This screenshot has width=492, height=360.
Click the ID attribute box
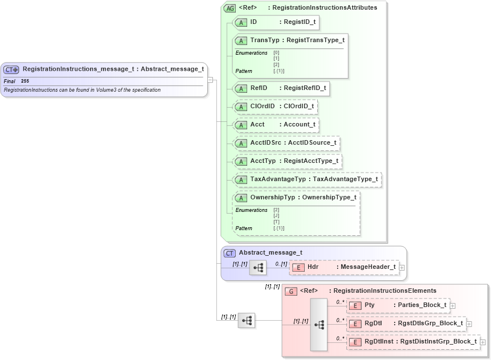pyautogui.click(x=276, y=22)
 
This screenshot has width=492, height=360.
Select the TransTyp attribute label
pyautogui.click(x=265, y=40)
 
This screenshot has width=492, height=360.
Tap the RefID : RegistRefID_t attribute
pyautogui.click(x=281, y=88)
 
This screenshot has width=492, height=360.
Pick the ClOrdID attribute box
pyautogui.click(x=275, y=107)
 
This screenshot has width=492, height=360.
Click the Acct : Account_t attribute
pyautogui.click(x=276, y=125)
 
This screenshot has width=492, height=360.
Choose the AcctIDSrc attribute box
pyautogui.click(x=286, y=143)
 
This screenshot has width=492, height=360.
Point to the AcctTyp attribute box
pyautogui.click(x=288, y=161)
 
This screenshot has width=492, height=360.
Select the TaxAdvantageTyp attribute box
pyautogui.click(x=307, y=179)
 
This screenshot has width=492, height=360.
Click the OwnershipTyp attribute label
pyautogui.click(x=273, y=198)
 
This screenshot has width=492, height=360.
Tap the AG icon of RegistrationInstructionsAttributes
pyautogui.click(x=230, y=8)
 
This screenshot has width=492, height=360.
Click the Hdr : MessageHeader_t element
pyautogui.click(x=343, y=267)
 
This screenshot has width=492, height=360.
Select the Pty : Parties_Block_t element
pyautogui.click(x=397, y=305)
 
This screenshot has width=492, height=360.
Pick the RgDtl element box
pyautogui.click(x=406, y=324)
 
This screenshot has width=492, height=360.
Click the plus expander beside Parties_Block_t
pyautogui.click(x=453, y=306)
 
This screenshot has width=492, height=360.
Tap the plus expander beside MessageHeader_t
pyautogui.click(x=402, y=267)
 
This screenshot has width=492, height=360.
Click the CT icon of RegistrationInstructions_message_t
pyautogui.click(x=11, y=69)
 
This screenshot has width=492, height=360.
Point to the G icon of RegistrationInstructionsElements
pyautogui.click(x=291, y=291)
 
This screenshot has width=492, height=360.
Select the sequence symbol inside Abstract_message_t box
pyautogui.click(x=257, y=267)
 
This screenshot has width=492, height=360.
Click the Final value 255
pyautogui.click(x=25, y=81)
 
